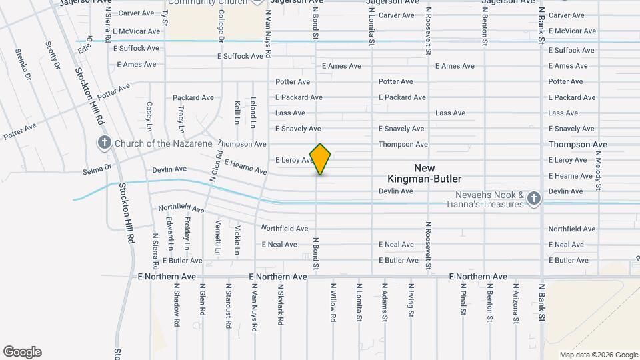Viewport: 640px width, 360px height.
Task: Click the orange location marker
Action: pos(321,159)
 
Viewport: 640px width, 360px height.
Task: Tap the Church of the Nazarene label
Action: pos(163,143)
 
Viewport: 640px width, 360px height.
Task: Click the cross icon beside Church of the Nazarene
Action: pos(104,142)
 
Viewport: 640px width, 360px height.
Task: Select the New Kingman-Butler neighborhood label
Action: pos(425,173)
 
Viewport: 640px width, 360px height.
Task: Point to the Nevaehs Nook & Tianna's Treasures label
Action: pos(490,199)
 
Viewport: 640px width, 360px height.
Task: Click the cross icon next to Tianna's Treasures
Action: pos(533,198)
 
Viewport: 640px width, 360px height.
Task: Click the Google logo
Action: pos(22,352)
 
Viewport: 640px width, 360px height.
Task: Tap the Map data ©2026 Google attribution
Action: pos(599,355)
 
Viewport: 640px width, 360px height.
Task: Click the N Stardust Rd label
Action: pos(228,305)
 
